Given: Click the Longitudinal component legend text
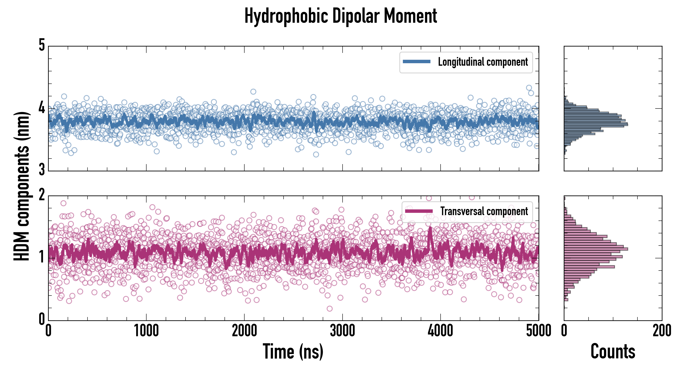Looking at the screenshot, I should (x=483, y=62).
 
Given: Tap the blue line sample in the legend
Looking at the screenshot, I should (x=417, y=62).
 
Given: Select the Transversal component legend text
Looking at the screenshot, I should (x=484, y=211).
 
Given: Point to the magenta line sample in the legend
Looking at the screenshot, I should (x=419, y=211).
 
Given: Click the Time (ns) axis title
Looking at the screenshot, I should (x=293, y=351).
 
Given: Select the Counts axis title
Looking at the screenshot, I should (x=613, y=351).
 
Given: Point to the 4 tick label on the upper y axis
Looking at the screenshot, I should (x=42, y=108).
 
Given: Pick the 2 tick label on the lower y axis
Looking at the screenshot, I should (x=42, y=195).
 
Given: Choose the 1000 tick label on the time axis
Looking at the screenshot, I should (x=146, y=331).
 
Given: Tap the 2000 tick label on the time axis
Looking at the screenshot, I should (x=244, y=331).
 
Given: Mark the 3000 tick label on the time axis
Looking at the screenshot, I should (x=342, y=331).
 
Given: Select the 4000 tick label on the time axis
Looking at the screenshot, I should (x=440, y=331).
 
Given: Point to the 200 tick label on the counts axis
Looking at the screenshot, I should (x=662, y=331).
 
